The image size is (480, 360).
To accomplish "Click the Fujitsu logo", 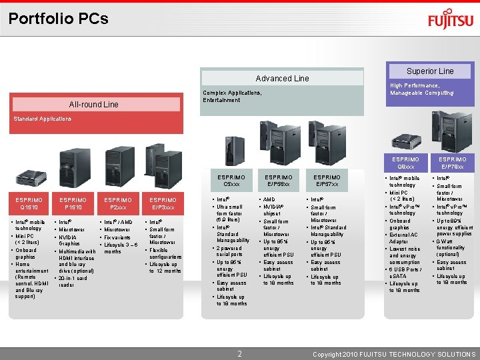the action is (451, 20).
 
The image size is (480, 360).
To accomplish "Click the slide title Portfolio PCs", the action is (59, 19).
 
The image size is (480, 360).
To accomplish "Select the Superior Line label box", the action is (430, 71).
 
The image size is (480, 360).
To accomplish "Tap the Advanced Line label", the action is (282, 79).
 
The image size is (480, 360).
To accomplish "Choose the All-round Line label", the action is (94, 104).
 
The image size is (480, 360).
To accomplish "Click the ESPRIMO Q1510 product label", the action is (29, 203).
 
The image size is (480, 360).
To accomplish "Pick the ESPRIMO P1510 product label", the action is (73, 203).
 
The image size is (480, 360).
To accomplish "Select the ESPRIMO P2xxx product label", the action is (118, 203).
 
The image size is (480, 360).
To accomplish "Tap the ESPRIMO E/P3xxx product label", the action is (163, 203).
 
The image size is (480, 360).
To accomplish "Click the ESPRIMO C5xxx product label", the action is (231, 181).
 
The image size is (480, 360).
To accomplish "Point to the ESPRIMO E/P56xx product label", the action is (279, 181).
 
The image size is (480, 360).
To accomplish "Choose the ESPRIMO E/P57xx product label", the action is (327, 181).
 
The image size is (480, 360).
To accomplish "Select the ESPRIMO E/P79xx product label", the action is (453, 163).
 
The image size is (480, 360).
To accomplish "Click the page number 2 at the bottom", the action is (239, 353).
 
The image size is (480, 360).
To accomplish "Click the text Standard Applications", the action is (42, 119).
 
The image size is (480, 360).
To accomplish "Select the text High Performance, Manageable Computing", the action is (421, 89).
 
